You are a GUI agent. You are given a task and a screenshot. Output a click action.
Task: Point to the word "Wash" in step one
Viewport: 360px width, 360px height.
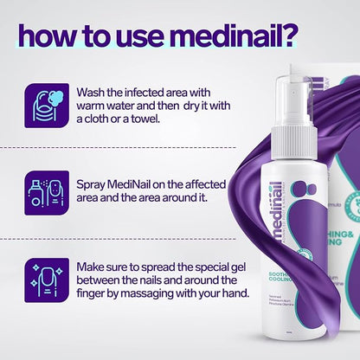click(x=93, y=93)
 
